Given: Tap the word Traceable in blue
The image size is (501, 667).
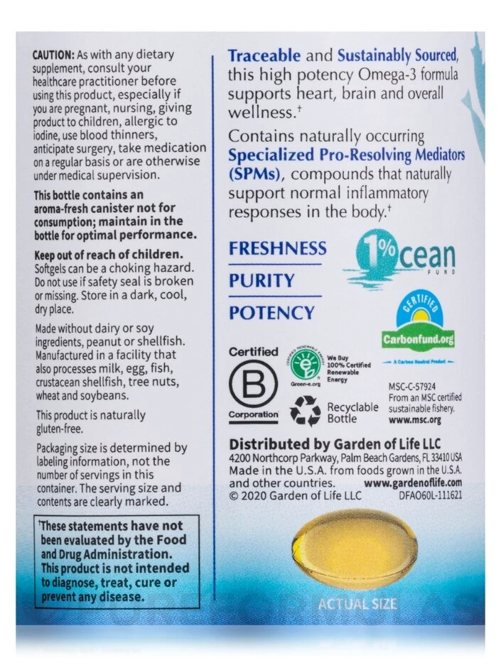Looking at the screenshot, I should pos(264,56).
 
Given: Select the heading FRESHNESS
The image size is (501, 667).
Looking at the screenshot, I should pos(277,248).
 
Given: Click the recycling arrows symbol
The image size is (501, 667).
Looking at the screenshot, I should pos(306,411).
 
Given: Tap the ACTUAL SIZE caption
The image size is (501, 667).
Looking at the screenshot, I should pos(357,605).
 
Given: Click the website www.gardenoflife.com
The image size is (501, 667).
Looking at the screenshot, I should pos(412,484).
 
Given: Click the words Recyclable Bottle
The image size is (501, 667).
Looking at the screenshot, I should pos(352,413).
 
